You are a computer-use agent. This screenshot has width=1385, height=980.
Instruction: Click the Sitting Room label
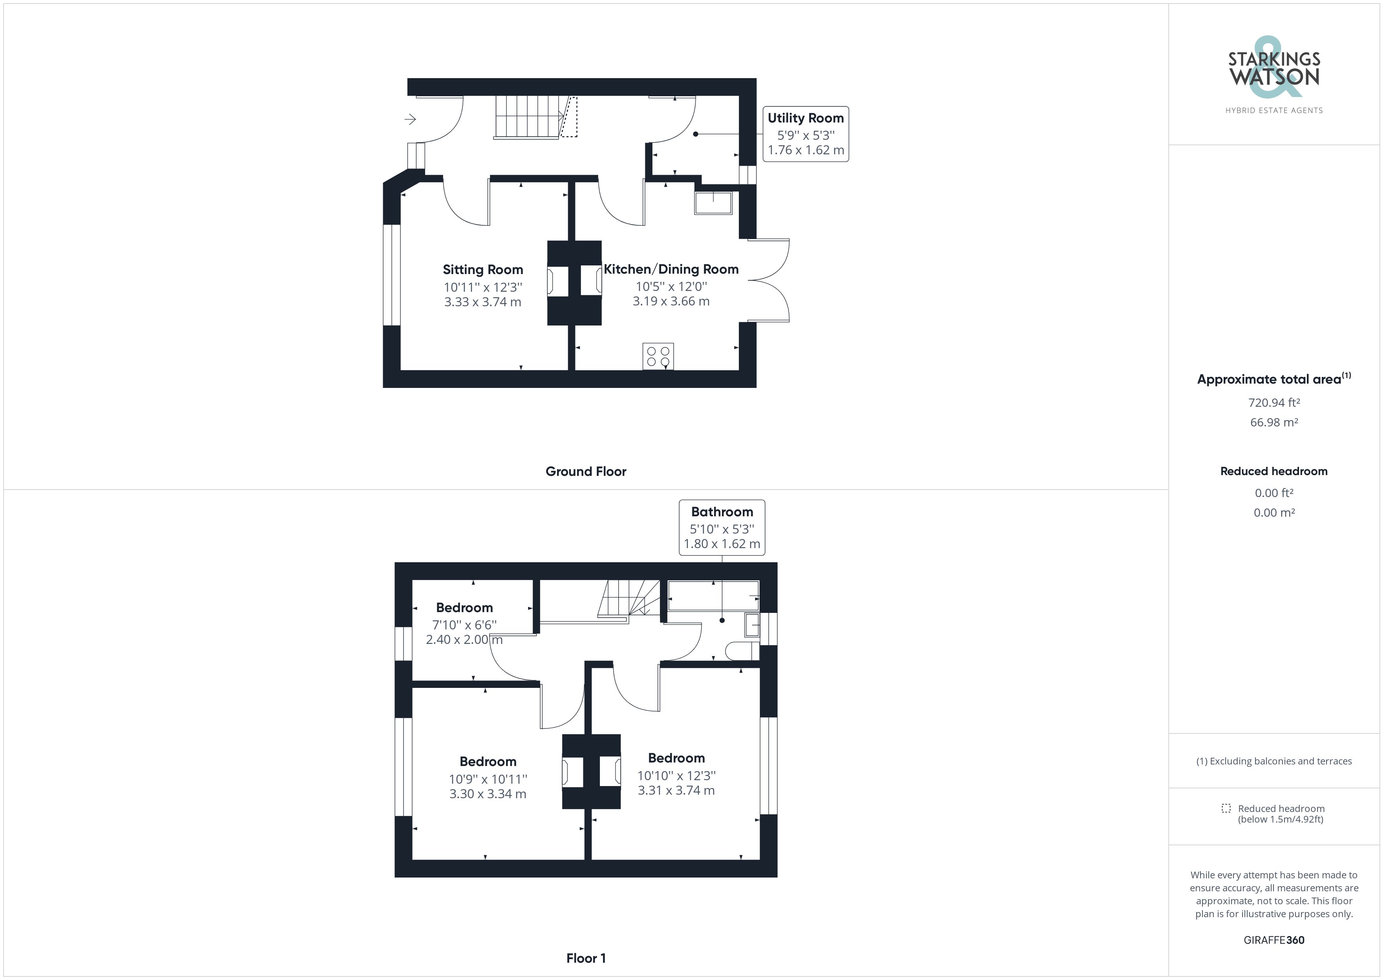point(482,270)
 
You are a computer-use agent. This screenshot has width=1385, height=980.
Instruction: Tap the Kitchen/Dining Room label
point(671,269)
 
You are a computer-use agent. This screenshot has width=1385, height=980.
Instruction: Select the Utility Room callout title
point(805,118)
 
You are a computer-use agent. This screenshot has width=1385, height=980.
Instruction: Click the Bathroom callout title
point(722,512)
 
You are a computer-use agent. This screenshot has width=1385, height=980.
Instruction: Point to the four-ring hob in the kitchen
point(658,356)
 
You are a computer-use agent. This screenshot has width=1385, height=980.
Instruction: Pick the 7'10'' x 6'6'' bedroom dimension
point(464,625)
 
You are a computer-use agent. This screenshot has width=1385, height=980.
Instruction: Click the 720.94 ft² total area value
point(1274,402)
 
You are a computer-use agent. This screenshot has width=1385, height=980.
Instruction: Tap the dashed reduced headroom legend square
point(1226,808)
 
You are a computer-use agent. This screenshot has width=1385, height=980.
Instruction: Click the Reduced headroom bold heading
point(1274,471)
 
